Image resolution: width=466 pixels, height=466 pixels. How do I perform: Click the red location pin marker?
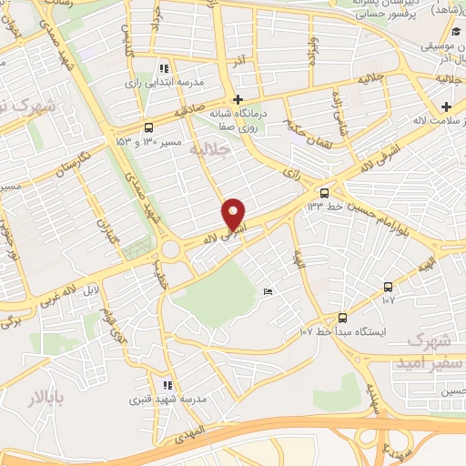(234, 213)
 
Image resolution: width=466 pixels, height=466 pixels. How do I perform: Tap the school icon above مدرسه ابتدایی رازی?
(163, 68)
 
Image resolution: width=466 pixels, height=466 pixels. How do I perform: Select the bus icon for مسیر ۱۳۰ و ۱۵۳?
(148, 128)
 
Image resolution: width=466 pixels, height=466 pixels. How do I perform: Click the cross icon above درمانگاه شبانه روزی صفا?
(238, 99)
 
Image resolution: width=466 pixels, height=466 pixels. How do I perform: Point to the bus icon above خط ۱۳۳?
(324, 193)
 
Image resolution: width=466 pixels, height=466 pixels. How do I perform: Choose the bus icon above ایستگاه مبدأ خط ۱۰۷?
(342, 318)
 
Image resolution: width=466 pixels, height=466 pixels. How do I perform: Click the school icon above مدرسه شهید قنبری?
(166, 385)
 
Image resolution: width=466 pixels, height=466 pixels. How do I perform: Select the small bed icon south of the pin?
(267, 291)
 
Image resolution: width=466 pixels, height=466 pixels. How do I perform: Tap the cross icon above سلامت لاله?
(446, 106)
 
